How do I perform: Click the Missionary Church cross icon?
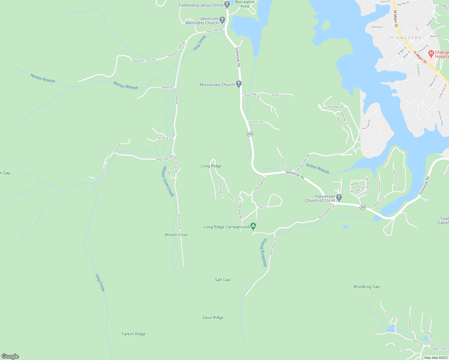tap(239, 84)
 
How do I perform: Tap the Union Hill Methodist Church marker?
tap(222, 20)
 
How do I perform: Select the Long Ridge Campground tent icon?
tap(253, 226)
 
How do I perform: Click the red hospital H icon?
tap(431, 54)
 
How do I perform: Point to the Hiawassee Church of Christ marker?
tap(339, 197)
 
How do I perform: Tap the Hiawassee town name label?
tap(405, 37)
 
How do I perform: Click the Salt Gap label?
tap(223, 280)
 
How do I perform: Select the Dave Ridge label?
tap(213, 317)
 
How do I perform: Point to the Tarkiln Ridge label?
tap(133, 334)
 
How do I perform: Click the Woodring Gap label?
tap(366, 286)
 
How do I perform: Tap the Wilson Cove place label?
tap(176, 235)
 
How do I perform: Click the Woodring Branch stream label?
tap(264, 253)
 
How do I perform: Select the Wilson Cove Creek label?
tap(168, 181)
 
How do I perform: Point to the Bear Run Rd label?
tap(256, 122)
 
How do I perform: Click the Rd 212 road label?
tap(263, 207)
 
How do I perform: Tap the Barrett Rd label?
tap(167, 87)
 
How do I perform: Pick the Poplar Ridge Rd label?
tap(252, 95)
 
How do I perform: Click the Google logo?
tap(10, 356)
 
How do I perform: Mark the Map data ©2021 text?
tap(436, 358)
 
